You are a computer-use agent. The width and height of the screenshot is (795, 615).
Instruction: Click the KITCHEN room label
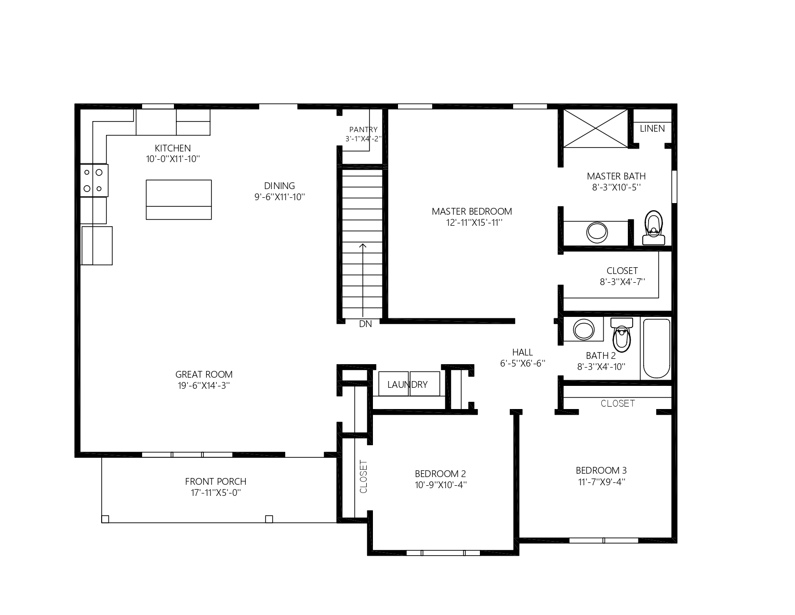(172, 149)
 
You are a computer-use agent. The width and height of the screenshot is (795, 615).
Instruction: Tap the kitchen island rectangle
(179, 200)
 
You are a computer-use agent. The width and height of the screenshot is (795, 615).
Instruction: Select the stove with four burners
(94, 180)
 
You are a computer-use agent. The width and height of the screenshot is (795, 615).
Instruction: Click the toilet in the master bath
(653, 228)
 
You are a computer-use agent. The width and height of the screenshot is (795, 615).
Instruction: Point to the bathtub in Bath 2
(656, 348)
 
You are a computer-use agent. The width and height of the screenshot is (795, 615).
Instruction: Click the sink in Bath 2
(583, 329)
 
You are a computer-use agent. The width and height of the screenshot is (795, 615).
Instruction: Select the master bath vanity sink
(596, 232)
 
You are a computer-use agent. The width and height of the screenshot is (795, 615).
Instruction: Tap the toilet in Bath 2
(622, 335)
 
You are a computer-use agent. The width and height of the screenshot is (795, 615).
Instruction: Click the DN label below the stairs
(366, 324)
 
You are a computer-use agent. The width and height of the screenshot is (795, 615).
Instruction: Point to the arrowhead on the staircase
(362, 246)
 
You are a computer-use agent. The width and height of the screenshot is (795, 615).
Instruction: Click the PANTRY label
(363, 130)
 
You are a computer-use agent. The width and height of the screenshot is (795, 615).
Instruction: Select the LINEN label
(652, 129)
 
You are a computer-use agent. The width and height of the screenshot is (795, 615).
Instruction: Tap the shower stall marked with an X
(595, 128)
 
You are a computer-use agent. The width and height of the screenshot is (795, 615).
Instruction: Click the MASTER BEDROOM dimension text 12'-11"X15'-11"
(474, 223)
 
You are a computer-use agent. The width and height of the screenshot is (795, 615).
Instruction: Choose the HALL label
(522, 353)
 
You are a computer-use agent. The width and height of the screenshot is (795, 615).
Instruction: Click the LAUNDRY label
(407, 384)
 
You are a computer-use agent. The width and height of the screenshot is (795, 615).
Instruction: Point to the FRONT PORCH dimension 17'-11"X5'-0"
(216, 492)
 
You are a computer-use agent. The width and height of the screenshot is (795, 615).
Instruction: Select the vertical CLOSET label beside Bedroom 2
(363, 477)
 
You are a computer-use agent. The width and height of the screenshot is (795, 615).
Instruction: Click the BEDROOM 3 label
(601, 470)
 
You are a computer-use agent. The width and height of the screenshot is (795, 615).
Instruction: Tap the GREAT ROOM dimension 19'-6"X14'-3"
(204, 386)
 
